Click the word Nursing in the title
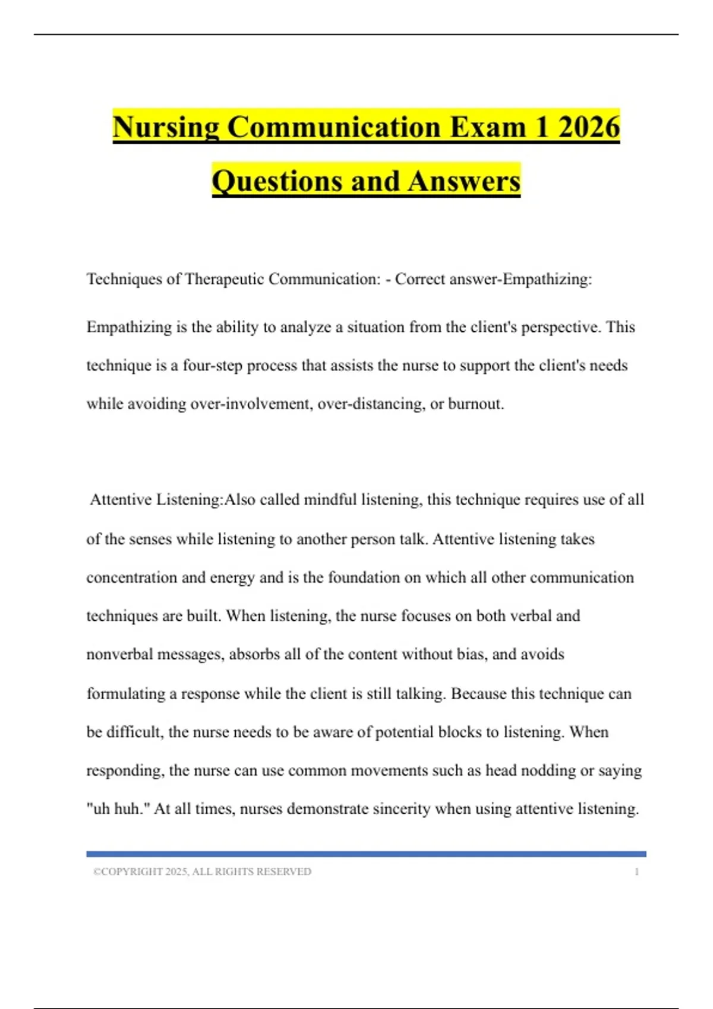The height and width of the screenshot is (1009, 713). (165, 128)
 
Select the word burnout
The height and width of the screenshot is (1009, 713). (475, 404)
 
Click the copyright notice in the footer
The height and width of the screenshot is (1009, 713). (202, 872)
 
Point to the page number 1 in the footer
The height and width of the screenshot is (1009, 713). (636, 872)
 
